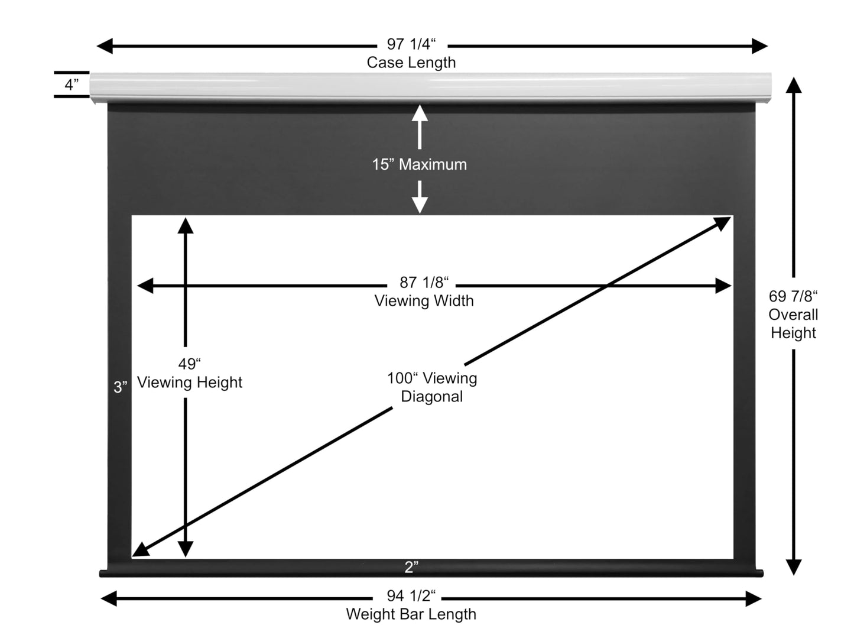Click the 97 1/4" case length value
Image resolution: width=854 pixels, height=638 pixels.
click(x=411, y=44)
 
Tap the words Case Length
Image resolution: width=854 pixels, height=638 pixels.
click(x=411, y=62)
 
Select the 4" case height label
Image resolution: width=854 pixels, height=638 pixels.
click(x=72, y=84)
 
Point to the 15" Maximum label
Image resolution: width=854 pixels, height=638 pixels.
click(x=419, y=164)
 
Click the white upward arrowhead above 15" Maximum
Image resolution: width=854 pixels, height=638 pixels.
click(x=420, y=113)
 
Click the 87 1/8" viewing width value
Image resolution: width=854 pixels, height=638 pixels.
click(x=424, y=282)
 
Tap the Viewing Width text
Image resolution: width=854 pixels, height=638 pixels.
click(x=424, y=300)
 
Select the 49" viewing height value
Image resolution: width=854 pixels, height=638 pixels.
click(x=190, y=364)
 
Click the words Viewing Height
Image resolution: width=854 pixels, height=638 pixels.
click(x=190, y=382)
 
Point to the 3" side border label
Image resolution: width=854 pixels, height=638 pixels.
click(x=120, y=387)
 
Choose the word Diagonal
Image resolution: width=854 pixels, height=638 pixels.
click(x=431, y=397)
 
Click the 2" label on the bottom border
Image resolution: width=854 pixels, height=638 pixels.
click(x=411, y=567)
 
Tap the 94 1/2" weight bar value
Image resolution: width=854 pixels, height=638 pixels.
click(x=411, y=595)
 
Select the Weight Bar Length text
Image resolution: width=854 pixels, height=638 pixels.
click(x=411, y=614)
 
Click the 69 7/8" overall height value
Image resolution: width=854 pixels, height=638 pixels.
click(x=793, y=296)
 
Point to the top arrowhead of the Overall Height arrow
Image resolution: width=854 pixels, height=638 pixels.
click(x=793, y=85)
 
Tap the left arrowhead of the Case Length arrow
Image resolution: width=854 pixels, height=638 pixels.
click(x=105, y=46)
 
